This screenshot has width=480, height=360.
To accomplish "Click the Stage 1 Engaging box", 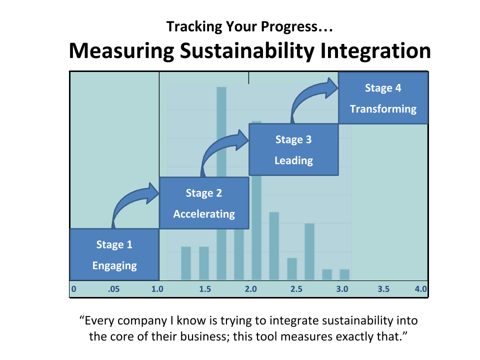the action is point(114,254).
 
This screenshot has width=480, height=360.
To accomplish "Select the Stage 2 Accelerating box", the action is point(204,203).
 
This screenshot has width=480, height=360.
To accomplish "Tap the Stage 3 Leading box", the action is point(293,149).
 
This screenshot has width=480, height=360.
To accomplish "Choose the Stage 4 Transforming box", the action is point(383,98).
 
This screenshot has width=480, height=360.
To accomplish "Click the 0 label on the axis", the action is point(74,289).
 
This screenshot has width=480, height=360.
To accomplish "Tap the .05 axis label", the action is point(113,289).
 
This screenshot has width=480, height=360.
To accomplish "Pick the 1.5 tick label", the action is point(205,289).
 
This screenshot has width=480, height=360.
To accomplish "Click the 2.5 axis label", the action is point(296,289).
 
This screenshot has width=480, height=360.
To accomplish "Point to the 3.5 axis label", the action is point(383,289).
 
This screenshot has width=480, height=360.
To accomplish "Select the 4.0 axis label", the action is point(421,289).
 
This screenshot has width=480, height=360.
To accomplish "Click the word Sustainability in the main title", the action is point(247,51).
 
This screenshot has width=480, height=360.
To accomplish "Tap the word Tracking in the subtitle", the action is point(194,26).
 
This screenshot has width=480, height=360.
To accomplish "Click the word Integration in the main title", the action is point(375,51).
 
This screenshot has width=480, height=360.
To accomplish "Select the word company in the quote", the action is point(142,321).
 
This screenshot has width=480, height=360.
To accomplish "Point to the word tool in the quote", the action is point(266,336).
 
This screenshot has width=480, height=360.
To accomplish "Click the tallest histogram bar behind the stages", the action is point(221,183).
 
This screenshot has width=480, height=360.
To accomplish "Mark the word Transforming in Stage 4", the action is point(383,109).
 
